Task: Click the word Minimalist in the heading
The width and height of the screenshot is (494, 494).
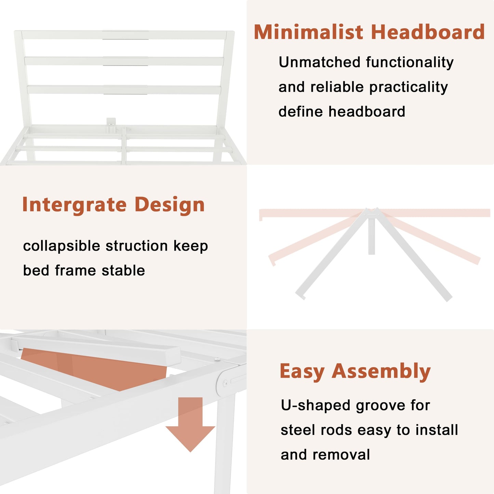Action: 308,32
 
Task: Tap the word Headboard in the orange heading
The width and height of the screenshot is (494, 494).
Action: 428,32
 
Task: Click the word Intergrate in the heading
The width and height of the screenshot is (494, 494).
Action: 75,205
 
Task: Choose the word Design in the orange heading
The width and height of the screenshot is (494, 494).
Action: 170,204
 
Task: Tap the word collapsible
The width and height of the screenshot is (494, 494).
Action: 62,246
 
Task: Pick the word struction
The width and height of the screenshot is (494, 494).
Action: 137,246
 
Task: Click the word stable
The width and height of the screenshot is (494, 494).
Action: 123,270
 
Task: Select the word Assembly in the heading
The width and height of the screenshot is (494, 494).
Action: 381,372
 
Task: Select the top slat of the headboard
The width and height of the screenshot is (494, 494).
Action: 124,35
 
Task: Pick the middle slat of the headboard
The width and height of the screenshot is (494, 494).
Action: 124,61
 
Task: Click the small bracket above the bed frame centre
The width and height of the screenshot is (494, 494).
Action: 111,122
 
